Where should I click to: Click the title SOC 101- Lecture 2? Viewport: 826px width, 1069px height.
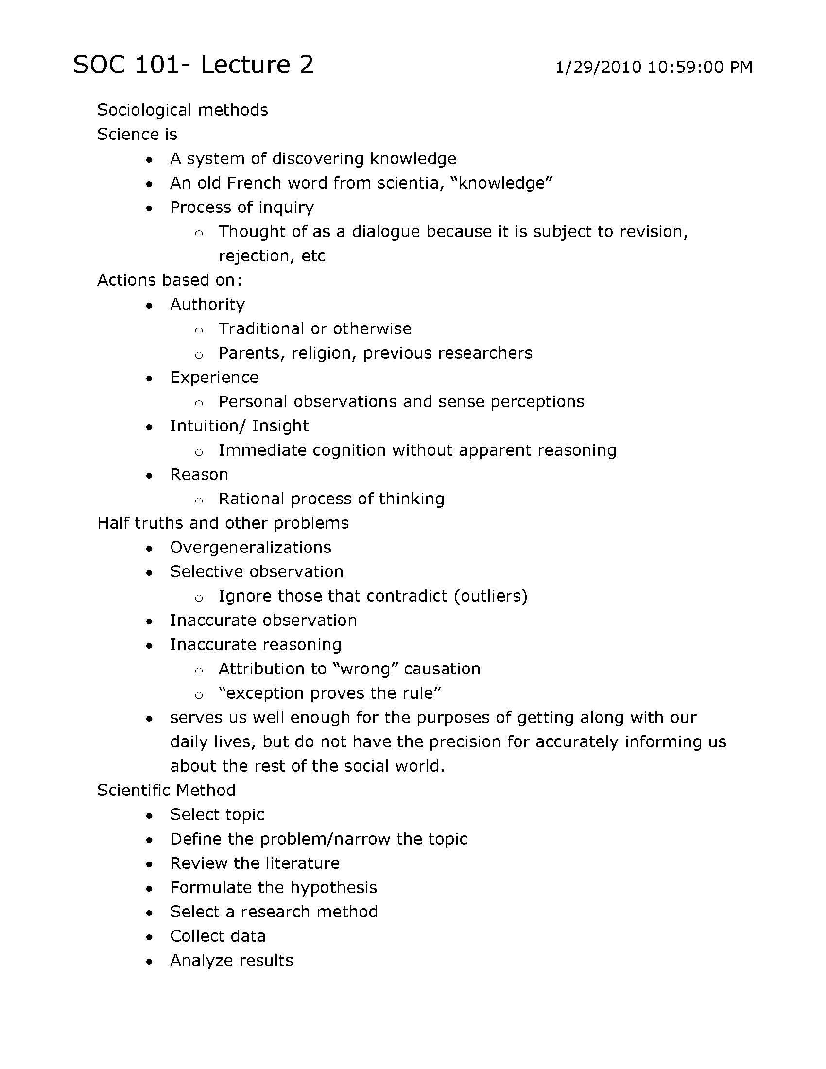point(193,65)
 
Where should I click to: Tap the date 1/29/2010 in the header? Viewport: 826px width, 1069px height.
point(598,67)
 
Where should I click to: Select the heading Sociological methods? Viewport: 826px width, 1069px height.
point(182,110)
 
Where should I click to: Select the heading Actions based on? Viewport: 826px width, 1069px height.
point(169,280)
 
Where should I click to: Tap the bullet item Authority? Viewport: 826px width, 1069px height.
point(207,305)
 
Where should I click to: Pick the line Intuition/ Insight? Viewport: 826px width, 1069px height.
point(239,426)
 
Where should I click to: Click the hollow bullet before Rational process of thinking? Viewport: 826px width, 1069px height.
point(199,500)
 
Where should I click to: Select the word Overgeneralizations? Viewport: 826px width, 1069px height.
point(251,547)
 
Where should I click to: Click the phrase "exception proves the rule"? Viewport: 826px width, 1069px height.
point(330,693)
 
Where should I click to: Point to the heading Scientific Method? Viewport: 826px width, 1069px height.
point(166,791)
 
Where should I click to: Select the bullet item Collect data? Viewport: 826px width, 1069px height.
point(217,936)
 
